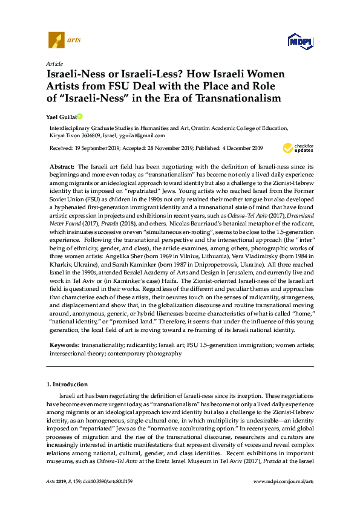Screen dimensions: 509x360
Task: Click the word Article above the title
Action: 54,63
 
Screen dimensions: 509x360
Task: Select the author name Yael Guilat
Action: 61,116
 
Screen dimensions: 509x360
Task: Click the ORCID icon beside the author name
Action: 79,116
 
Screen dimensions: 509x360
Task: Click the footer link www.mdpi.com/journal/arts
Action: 284,498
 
